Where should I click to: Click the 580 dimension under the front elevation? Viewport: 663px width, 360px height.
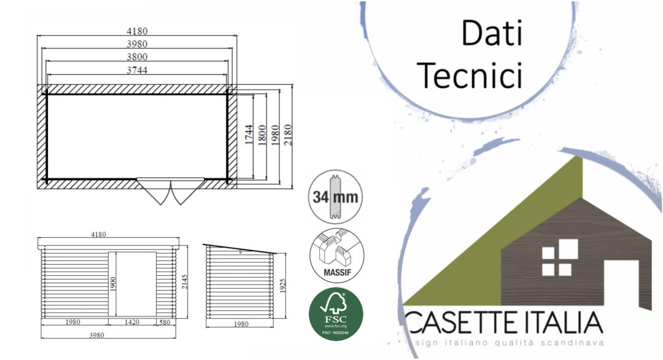tap(165, 322)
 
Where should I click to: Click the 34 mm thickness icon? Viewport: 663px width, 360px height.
tap(336, 198)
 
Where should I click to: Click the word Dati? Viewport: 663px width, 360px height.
tap(491, 34)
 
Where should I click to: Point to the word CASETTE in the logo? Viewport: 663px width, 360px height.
tap(457, 323)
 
